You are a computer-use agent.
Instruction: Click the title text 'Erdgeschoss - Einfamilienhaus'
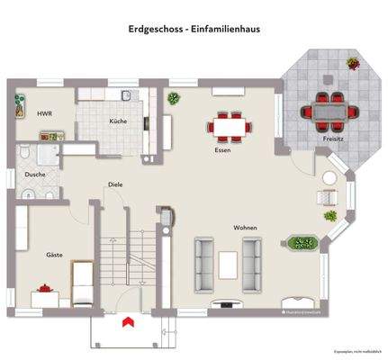tap(194, 28)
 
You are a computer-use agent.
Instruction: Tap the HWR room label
tap(44, 114)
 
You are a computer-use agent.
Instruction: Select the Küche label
tap(118, 121)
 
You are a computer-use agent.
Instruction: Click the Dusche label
tap(35, 174)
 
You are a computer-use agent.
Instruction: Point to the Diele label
tap(114, 184)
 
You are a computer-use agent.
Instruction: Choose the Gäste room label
tap(55, 255)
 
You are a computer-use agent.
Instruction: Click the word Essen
tap(222, 150)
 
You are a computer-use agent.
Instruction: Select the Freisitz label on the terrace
tap(332, 140)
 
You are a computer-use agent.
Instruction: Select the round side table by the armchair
tap(327, 217)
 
